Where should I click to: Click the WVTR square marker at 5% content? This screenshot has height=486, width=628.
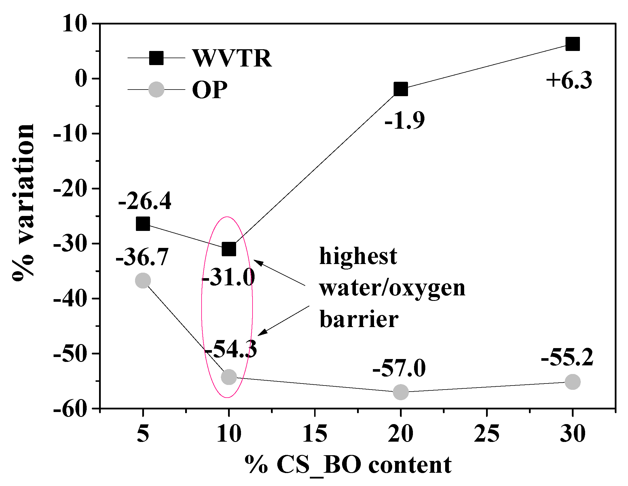(143, 224)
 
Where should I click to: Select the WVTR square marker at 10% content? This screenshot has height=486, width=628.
(229, 249)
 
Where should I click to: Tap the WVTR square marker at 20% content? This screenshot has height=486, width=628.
(401, 89)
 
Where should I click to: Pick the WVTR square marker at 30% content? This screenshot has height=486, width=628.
(572, 44)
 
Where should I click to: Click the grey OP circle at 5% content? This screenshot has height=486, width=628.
(143, 280)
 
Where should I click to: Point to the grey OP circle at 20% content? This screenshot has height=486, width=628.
(401, 392)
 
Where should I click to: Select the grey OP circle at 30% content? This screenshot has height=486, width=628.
(572, 382)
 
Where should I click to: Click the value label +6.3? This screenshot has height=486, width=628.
(569, 80)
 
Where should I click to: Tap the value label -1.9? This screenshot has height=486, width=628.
(405, 120)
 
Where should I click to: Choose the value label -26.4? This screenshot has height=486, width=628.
(145, 201)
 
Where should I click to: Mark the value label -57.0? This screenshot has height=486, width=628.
(399, 368)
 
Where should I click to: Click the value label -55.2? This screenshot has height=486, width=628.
(567, 357)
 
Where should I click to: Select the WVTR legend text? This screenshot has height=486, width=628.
(232, 58)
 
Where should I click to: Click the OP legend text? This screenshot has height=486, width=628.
(210, 90)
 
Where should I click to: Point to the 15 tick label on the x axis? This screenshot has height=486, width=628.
(315, 434)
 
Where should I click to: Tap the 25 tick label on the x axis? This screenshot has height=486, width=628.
(487, 434)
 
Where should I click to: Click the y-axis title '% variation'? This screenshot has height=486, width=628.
(23, 202)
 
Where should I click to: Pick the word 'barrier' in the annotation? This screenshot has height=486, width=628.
(359, 319)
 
